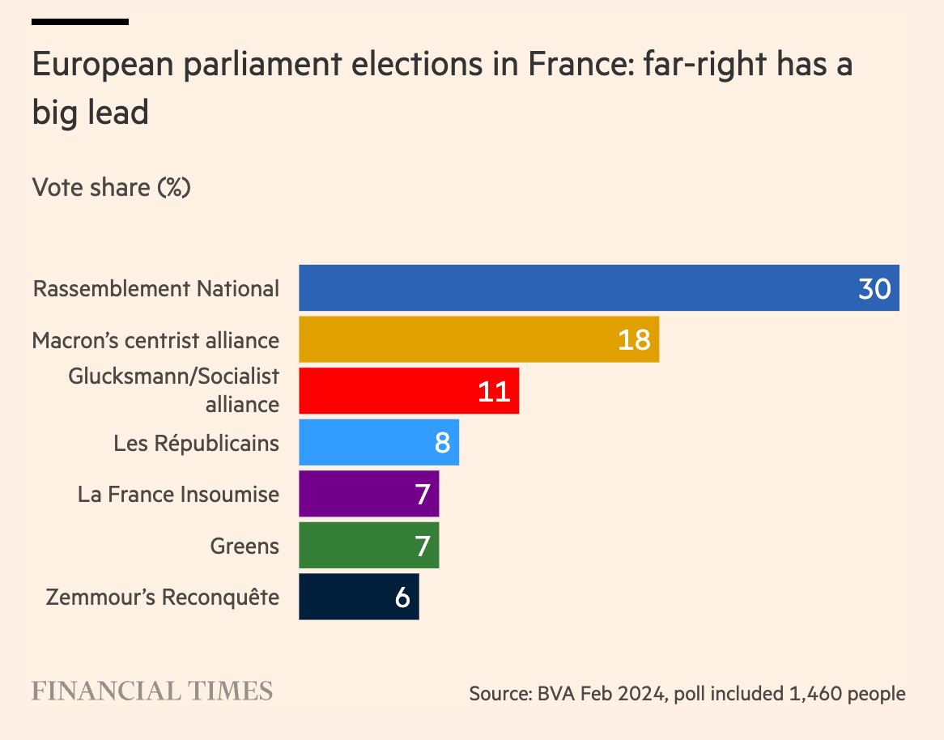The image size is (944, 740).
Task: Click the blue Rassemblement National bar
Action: coord(567,288)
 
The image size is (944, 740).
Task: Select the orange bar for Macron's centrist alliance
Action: coord(453,339)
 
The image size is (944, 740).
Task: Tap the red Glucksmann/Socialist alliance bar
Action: coord(389,391)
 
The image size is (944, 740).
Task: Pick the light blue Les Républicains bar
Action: coord(364,443)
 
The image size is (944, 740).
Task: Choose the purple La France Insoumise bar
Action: coord(356,494)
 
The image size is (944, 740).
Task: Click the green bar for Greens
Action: coord(356,546)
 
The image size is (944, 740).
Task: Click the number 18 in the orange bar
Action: coord(634,340)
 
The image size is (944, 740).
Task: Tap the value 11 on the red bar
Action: coord(494,392)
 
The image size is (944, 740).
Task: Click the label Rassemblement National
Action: coord(156,289)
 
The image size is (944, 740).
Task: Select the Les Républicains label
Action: coord(197,444)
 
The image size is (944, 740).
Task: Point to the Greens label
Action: coord(245,546)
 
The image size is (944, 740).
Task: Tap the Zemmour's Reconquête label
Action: coord(163,598)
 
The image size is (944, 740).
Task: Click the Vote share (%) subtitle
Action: coord(111,188)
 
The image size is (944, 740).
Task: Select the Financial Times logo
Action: coord(152,691)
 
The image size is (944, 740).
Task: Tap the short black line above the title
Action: coord(80,22)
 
